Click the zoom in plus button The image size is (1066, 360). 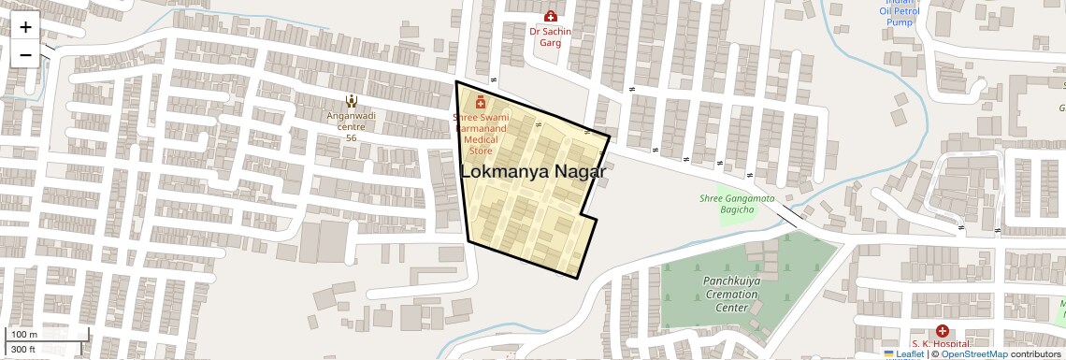25,27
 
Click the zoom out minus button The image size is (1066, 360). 25,54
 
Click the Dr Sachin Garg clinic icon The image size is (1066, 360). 550,17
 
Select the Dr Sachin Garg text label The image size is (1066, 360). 550,36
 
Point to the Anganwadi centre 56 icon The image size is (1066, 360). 351,100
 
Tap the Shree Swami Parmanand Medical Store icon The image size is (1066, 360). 481,102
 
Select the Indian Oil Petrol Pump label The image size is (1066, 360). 900,12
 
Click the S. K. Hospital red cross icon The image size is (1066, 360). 942,331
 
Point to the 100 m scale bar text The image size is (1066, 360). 25,335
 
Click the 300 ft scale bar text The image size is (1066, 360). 23,350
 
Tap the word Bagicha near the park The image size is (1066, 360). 736,210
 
